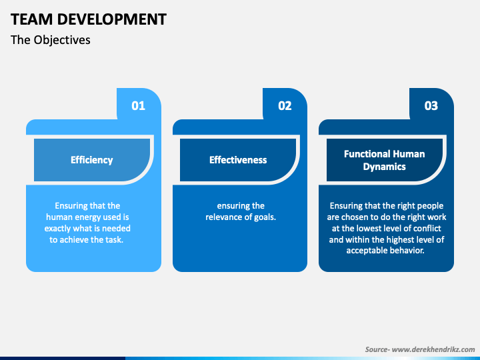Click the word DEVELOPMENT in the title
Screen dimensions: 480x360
point(112,19)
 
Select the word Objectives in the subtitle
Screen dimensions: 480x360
point(62,40)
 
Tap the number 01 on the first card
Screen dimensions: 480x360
point(139,105)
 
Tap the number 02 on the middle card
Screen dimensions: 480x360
point(285,105)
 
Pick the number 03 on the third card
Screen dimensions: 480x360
point(431,105)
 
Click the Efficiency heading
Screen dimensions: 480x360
point(92,160)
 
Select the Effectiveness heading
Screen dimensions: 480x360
point(238,160)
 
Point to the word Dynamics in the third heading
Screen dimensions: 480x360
point(385,167)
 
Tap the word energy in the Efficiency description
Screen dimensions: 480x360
point(90,217)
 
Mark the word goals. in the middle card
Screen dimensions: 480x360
point(265,217)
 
